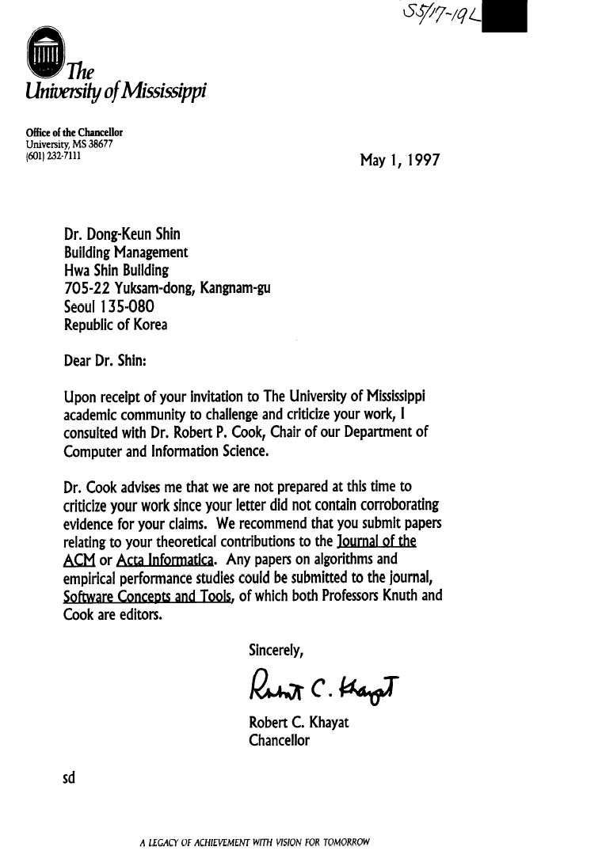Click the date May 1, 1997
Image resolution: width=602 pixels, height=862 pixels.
tap(399, 161)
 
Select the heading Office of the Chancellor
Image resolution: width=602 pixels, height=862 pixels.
tap(74, 133)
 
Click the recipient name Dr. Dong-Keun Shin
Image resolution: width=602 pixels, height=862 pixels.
tap(122, 234)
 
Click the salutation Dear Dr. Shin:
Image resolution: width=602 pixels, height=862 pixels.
tap(105, 360)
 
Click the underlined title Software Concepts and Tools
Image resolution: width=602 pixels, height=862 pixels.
tap(147, 597)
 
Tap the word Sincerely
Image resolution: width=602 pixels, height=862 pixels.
tap(276, 651)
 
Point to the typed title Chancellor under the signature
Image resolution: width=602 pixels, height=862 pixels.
tap(279, 741)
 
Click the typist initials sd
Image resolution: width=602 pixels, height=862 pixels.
tap(69, 778)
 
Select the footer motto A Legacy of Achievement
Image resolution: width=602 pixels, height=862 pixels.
tap(254, 842)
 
